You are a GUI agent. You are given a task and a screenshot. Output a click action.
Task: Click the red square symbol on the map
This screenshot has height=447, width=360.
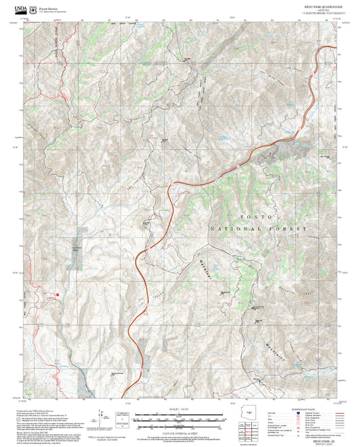[60, 294]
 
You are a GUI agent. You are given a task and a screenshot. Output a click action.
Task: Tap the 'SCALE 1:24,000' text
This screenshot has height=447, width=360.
[180, 409]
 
